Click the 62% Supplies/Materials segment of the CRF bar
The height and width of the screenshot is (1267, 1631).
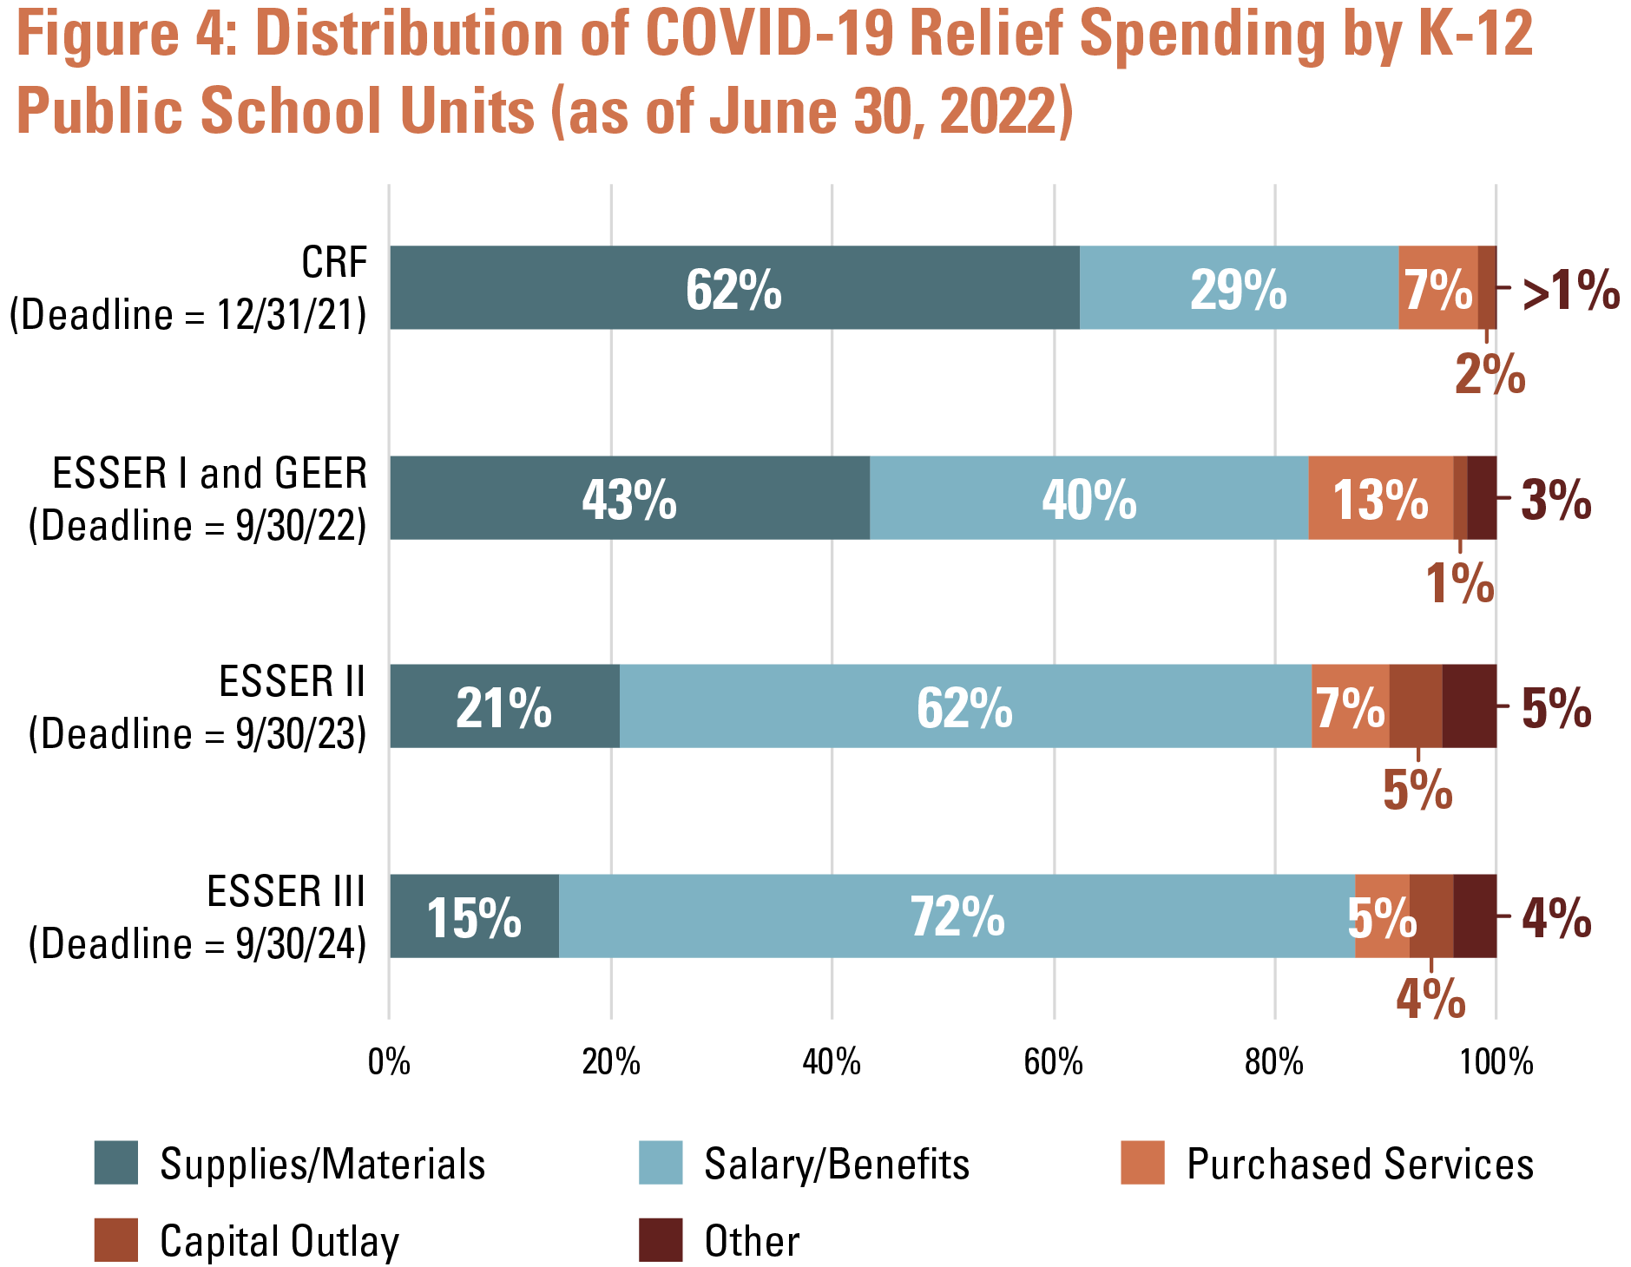pyautogui.click(x=734, y=287)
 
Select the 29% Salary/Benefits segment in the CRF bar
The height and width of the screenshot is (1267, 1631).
pyautogui.click(x=1240, y=287)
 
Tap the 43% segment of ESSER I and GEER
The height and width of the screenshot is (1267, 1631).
pyautogui.click(x=629, y=497)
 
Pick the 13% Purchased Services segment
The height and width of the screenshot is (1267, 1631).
pyautogui.click(x=1381, y=497)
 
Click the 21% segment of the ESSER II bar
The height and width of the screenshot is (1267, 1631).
pyautogui.click(x=504, y=706)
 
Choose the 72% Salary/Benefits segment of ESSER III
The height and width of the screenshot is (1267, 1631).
pyautogui.click(x=957, y=916)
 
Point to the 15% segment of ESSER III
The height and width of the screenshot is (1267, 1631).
pyautogui.click(x=474, y=916)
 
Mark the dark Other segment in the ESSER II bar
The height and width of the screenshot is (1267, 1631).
pyautogui.click(x=1470, y=706)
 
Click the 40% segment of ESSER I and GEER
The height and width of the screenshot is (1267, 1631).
pyautogui.click(x=1089, y=497)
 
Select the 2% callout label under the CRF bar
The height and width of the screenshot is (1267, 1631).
pyautogui.click(x=1490, y=374)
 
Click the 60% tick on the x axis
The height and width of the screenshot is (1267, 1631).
pyautogui.click(x=1054, y=1062)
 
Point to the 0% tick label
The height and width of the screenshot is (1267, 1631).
pyautogui.click(x=389, y=1062)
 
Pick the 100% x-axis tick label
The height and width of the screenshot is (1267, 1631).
pyautogui.click(x=1496, y=1062)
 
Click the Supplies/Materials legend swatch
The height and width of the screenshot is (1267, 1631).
pyautogui.click(x=116, y=1163)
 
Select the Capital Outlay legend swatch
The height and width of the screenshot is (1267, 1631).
pyautogui.click(x=116, y=1240)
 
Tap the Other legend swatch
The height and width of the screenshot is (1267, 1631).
pyautogui.click(x=661, y=1240)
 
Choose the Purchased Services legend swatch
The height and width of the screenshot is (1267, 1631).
pyautogui.click(x=1142, y=1163)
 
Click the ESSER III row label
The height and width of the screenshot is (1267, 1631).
pyautogui.click(x=198, y=917)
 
